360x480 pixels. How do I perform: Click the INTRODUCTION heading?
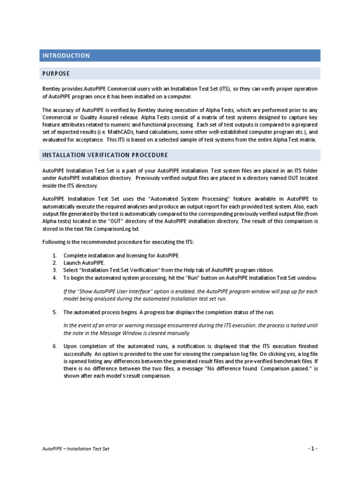66,56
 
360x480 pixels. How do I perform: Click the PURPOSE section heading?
56,74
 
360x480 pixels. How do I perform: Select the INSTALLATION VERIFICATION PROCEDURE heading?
105,155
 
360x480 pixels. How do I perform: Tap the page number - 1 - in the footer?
313,449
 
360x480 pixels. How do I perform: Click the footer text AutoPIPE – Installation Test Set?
75,449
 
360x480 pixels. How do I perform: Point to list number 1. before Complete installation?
54,255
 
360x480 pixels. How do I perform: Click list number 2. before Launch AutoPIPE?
54,263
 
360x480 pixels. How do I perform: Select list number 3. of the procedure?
54,270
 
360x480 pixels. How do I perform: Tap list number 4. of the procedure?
54,278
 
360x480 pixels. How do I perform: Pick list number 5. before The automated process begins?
54,312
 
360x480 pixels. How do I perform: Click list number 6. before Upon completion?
54,346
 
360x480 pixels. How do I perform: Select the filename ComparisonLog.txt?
117,229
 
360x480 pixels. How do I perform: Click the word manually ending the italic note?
179,333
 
